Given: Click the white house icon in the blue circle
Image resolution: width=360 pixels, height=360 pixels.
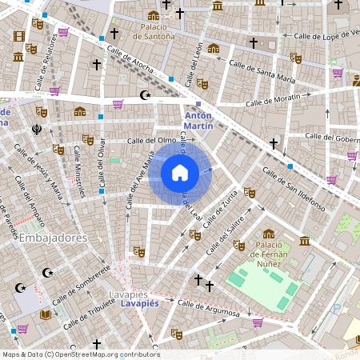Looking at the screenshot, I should coord(180,172).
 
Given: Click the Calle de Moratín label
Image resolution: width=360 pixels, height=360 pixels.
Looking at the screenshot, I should coord(272,100).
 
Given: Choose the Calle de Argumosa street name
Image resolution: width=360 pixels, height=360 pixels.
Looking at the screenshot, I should coord(209,307).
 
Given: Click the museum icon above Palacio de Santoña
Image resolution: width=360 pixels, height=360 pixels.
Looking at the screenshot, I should coord(153,16).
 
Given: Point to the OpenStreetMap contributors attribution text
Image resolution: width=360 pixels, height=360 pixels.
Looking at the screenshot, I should coord(80,354).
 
